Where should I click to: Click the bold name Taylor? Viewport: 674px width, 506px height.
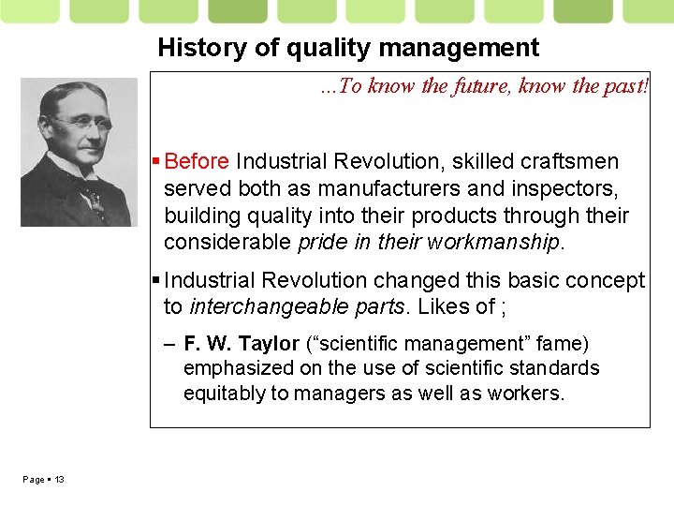click(266, 344)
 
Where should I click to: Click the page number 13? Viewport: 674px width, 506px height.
click(59, 480)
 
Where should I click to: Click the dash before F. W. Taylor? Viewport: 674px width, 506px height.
click(169, 345)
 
